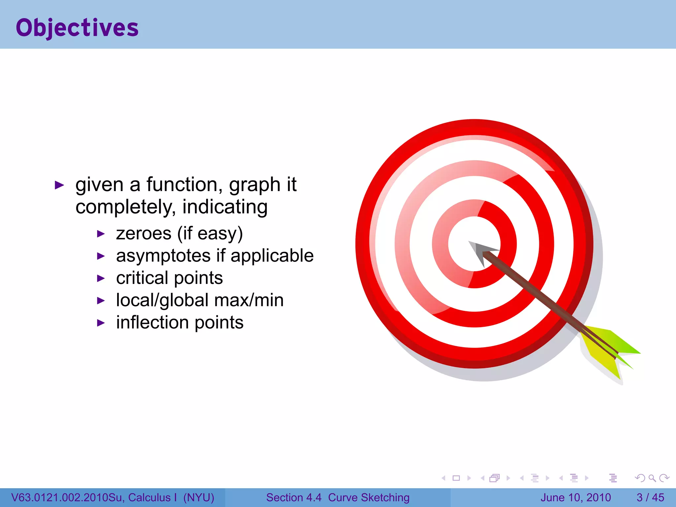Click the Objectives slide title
[77, 28]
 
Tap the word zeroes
[144, 234]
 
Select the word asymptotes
[163, 256]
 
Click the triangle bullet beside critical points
[101, 279]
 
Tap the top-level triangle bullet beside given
[59, 185]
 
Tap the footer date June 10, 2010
[575, 497]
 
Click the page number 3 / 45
[650, 497]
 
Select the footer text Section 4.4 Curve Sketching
[338, 497]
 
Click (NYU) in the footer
[199, 497]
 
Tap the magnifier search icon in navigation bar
[652, 478]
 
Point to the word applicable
[272, 256]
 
